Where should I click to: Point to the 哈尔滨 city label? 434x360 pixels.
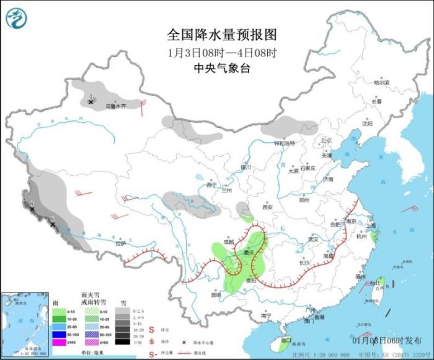(x=382, y=82)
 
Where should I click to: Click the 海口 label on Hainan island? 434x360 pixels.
(x=286, y=340)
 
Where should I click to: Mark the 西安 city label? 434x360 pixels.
(x=268, y=207)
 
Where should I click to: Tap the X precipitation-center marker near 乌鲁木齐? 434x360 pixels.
(x=91, y=101)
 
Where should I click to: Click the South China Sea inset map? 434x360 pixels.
(x=25, y=323)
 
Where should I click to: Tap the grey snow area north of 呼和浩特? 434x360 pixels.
(x=289, y=126)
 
